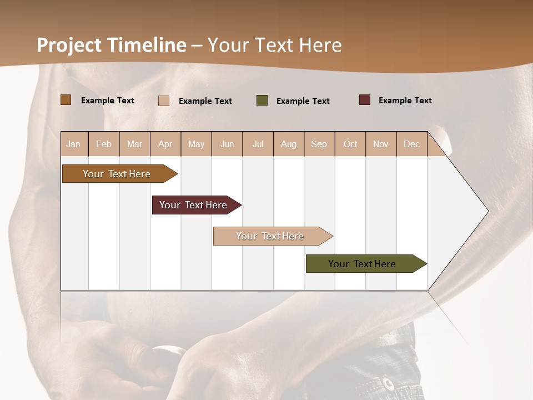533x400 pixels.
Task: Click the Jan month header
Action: pos(74,144)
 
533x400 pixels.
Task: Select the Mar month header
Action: pos(134,144)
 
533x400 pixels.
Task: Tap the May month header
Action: pos(196,144)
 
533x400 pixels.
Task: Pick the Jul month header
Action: pos(258,144)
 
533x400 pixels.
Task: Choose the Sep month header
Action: pos(319,144)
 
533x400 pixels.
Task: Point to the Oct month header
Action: pos(350,144)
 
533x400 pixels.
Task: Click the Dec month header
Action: pos(411,144)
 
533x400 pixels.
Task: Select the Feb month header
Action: pos(104,144)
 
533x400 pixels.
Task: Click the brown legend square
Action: pos(66,100)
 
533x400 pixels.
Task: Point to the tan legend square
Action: pos(164,101)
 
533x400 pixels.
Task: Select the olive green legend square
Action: pos(262,101)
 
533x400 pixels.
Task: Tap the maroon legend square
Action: pos(365,100)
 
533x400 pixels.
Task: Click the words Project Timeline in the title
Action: pos(111,45)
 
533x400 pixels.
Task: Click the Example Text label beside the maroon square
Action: pos(405,101)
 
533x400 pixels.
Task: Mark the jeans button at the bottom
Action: pos(388,383)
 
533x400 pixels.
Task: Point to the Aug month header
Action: pos(288,144)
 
